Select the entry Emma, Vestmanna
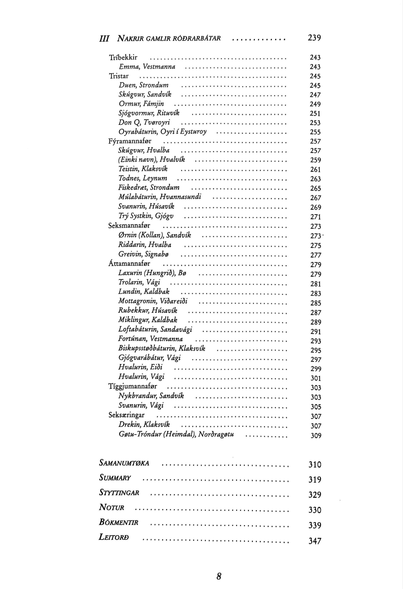(147, 67)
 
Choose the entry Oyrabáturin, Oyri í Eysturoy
(162, 132)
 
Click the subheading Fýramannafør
(130, 141)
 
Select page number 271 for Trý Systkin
(315, 217)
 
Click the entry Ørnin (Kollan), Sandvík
(155, 235)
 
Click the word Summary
(115, 479)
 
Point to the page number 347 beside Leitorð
(315, 541)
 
